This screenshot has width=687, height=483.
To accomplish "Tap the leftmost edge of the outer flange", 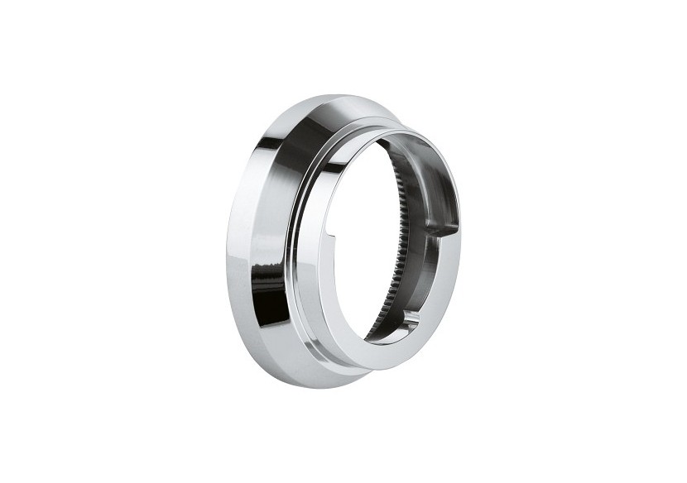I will (x=227, y=248).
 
